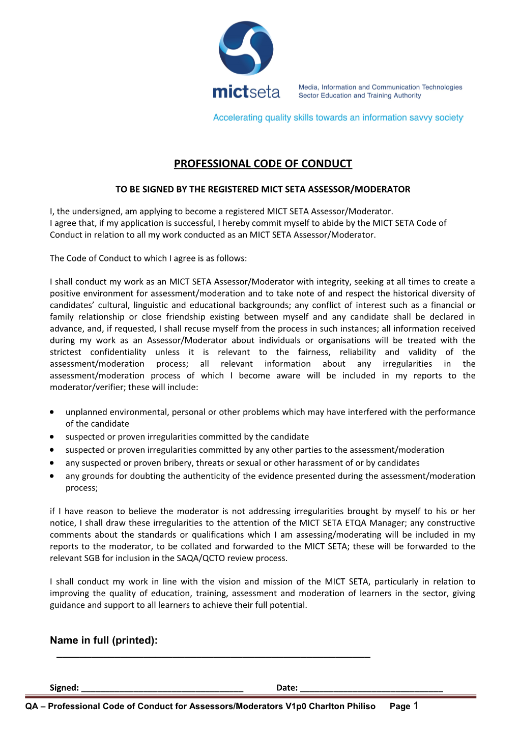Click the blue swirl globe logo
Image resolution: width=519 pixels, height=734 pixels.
[246, 48]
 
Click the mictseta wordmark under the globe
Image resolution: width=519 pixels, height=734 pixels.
[246, 92]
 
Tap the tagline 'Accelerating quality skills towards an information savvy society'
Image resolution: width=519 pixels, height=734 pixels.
[338, 118]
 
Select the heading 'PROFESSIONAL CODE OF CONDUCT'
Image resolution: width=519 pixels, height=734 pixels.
[263, 164]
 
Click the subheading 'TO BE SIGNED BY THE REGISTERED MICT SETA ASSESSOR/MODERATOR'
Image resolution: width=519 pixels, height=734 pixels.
[263, 189]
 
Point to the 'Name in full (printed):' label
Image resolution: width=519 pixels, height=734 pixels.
[104, 640]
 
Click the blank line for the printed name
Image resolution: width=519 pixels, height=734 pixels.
[213, 657]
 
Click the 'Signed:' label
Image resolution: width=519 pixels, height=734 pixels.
[64, 688]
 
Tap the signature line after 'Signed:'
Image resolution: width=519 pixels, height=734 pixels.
[162, 691]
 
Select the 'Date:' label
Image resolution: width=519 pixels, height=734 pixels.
[287, 688]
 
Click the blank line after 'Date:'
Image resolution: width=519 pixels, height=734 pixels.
[371, 691]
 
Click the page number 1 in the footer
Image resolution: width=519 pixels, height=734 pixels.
[416, 706]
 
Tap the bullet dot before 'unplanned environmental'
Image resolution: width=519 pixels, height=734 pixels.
[52, 412]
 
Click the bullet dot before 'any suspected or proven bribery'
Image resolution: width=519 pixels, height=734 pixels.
[52, 463]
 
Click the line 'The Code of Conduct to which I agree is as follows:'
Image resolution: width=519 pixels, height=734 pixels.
[148, 258]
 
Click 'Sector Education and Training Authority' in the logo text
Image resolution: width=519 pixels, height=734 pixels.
[360, 96]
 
